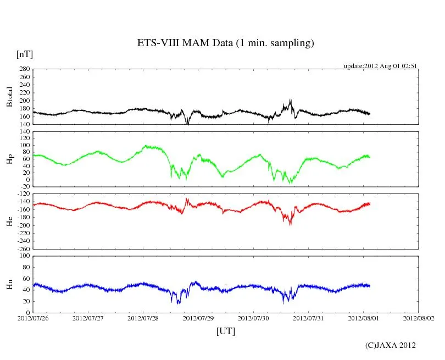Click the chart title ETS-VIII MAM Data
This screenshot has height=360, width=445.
(x=225, y=43)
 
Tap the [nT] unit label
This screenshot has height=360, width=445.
(x=25, y=54)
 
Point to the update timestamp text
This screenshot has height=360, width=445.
(x=381, y=65)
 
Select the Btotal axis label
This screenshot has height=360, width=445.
(x=9, y=97)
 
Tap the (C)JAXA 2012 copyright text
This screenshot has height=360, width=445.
(x=390, y=345)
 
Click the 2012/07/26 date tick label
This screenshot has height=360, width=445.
(x=33, y=318)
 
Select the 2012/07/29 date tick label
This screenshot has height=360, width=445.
(x=198, y=318)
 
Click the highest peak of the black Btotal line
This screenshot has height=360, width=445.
(x=291, y=99)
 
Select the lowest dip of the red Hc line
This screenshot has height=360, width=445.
(x=290, y=225)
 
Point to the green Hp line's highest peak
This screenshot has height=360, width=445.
(x=146, y=146)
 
